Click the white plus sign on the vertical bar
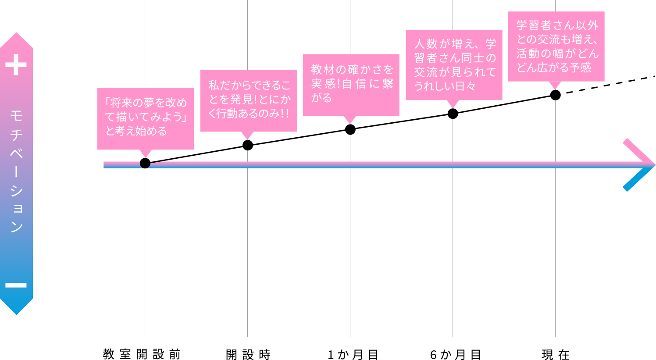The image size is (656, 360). (x=16, y=65)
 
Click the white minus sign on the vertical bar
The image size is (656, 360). (x=16, y=285)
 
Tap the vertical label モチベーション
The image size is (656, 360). (x=16, y=171)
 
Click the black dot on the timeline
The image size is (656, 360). (x=145, y=164)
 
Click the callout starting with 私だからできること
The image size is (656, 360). (x=248, y=100)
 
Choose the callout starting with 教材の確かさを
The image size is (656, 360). (x=351, y=85)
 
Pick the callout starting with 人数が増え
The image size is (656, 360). (x=454, y=65)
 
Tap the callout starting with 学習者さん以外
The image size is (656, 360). (x=556, y=46)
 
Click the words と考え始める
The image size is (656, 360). (x=136, y=131)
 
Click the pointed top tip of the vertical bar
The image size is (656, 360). (x=16, y=33)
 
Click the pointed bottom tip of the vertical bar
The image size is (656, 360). (x=16, y=314)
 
